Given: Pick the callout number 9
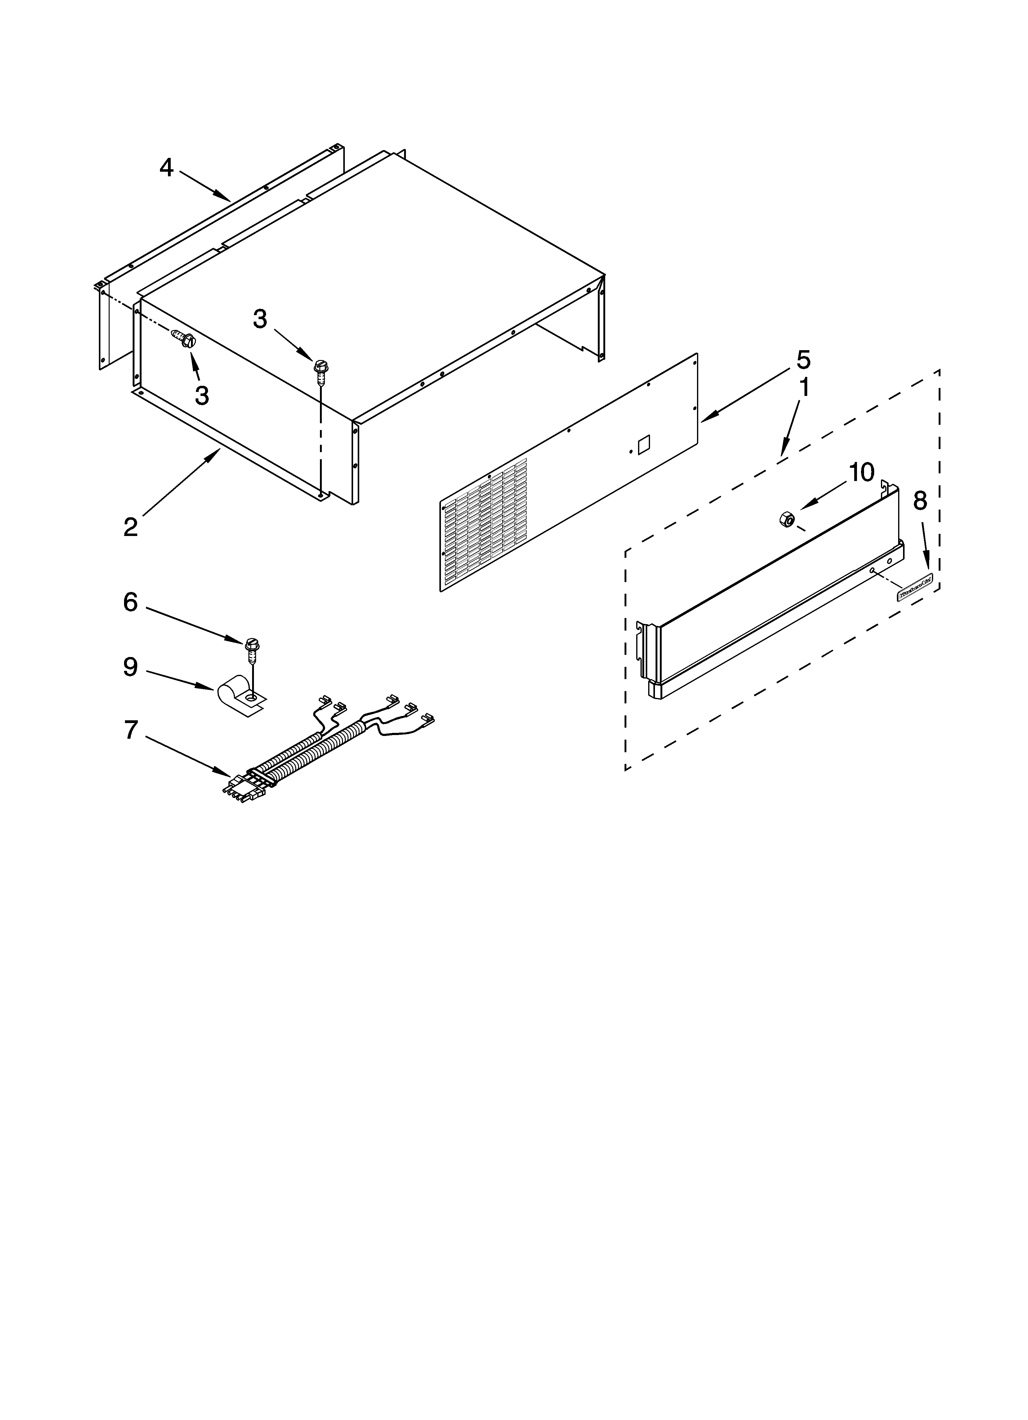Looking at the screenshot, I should coord(130,667).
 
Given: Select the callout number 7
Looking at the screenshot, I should coord(130,730).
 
